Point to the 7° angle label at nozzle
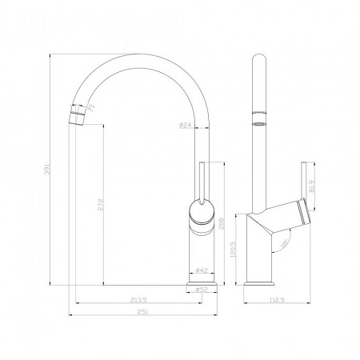[x=93, y=106]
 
